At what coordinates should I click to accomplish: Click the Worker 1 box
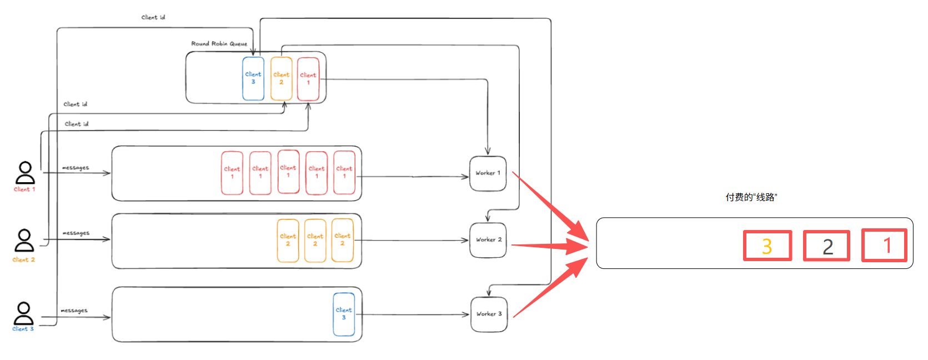(488, 173)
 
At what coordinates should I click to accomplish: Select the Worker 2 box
(488, 240)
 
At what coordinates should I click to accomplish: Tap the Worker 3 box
(489, 314)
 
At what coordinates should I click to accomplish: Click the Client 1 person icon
(25, 173)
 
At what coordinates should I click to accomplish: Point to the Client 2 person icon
(24, 241)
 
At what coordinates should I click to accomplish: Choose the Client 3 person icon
(24, 313)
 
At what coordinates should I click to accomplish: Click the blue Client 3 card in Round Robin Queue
(253, 78)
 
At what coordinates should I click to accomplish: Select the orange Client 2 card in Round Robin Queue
(281, 78)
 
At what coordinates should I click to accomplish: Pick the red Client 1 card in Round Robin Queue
(308, 79)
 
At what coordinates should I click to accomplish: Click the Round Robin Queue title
(219, 43)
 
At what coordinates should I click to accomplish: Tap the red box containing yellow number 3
(768, 246)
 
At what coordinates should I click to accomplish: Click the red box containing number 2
(827, 246)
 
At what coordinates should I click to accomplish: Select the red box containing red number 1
(884, 246)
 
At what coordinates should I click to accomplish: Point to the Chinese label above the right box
(751, 197)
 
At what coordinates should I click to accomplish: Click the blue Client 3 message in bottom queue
(344, 314)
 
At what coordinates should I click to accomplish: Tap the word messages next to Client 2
(76, 233)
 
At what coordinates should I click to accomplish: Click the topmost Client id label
(153, 17)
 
